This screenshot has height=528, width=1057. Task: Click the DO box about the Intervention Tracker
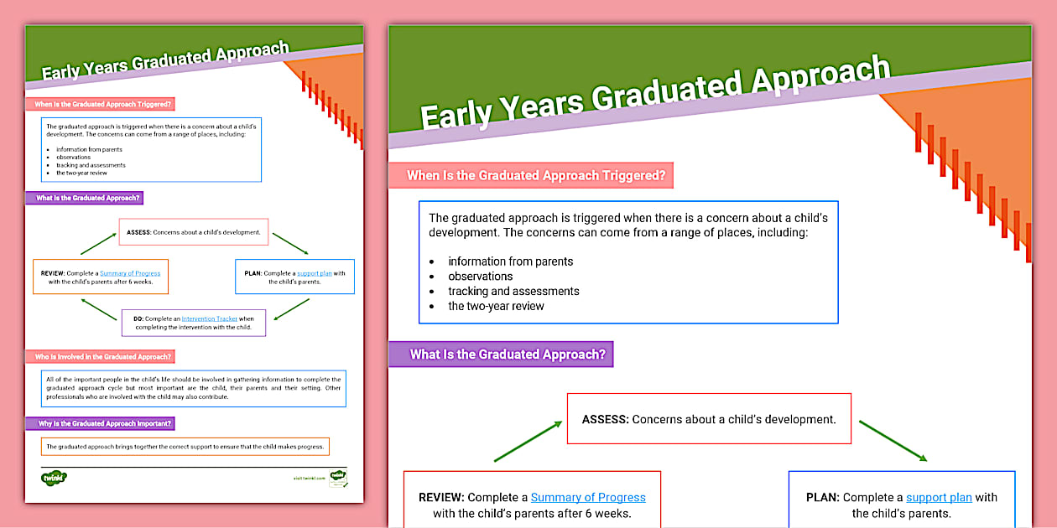tap(193, 323)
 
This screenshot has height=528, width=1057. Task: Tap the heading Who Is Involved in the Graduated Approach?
tap(103, 357)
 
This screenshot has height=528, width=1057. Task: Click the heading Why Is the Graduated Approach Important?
tap(104, 423)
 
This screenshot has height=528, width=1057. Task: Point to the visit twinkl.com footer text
tap(310, 478)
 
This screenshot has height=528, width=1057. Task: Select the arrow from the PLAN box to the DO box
tap(291, 309)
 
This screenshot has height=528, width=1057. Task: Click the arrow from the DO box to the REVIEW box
tap(98, 309)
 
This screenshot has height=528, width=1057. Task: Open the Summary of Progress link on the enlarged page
tap(587, 497)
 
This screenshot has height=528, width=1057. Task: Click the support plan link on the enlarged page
tap(939, 497)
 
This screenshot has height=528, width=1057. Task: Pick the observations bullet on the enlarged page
tap(480, 277)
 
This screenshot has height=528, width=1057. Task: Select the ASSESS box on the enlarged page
tap(709, 418)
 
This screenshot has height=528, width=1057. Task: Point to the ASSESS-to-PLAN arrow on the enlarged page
tap(893, 441)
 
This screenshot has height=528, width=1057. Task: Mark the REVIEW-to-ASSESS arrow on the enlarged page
tap(528, 441)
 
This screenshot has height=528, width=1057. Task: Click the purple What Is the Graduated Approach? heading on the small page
tap(87, 199)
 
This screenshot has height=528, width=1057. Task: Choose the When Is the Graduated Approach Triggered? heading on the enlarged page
tap(535, 175)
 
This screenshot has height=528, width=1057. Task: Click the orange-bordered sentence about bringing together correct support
tap(184, 447)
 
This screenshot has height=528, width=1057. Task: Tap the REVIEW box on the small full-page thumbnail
tap(101, 277)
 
